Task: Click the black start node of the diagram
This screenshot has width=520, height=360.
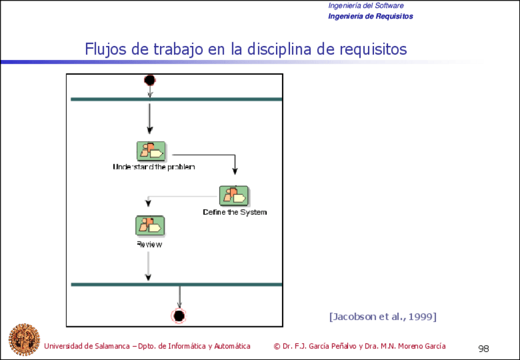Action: coord(150,80)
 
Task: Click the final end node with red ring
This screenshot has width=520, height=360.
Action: coord(179,316)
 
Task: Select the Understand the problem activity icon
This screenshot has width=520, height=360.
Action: coord(151,151)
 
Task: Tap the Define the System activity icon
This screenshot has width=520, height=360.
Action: coord(234,196)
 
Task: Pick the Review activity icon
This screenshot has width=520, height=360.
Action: coord(150,226)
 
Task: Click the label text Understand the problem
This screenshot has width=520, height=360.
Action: coord(154,167)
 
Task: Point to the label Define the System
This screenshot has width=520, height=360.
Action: coord(235,212)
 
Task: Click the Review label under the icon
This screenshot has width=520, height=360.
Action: coord(150,245)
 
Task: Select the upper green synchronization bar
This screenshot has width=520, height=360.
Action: coord(177,99)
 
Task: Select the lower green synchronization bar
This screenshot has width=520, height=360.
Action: coord(177,285)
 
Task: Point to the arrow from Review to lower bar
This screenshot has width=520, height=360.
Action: coord(148,266)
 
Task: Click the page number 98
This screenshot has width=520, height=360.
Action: coord(484,349)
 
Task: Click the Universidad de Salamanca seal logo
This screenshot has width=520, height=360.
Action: coord(24,339)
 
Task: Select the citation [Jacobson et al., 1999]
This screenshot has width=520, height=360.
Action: coord(383,316)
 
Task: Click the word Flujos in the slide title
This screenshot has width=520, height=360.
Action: coord(105,50)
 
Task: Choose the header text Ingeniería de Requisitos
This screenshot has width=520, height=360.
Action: coord(370,17)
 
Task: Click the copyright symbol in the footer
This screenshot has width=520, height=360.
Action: coord(277,347)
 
